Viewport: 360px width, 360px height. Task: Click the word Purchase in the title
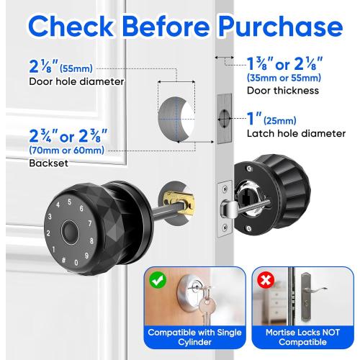tap(270, 27)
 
